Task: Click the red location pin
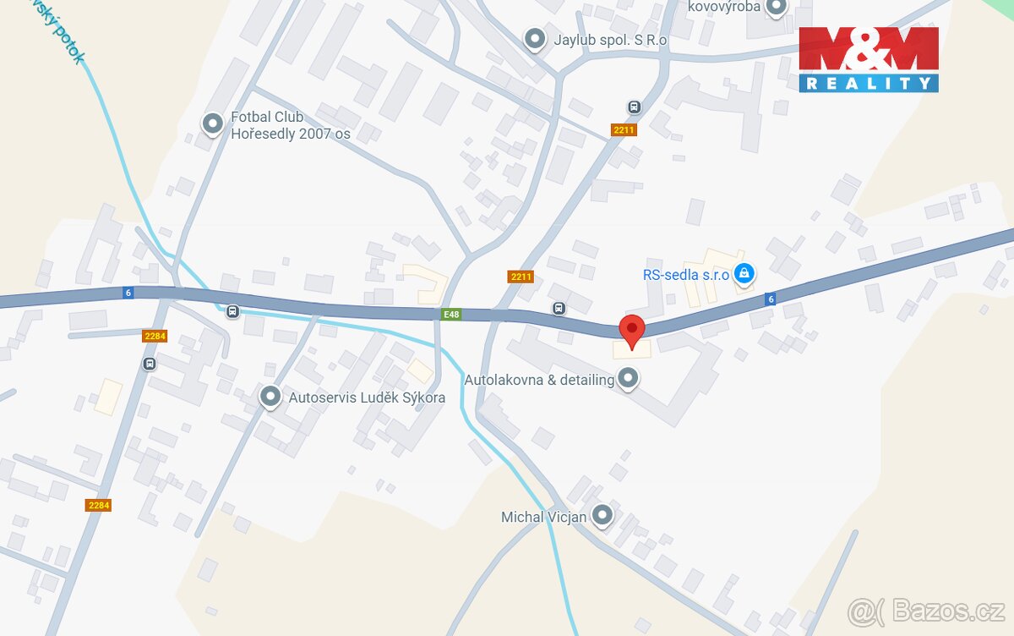pos(632,326)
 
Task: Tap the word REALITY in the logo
pos(868,83)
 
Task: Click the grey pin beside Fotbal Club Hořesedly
pos(212,124)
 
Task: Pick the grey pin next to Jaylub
pos(534,38)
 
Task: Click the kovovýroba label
pos(724,7)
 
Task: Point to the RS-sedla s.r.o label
pos(686,273)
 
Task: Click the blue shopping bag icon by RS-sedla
pos(744,272)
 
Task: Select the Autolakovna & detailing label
pos(539,380)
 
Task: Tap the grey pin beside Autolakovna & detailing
pos(627,378)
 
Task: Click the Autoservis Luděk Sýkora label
pos(367,397)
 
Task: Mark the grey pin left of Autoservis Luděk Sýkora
pos(270,396)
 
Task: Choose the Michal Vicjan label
pos(543,516)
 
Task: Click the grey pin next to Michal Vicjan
pos(602,514)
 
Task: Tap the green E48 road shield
pos(452,315)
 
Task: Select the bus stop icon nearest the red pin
pos(558,308)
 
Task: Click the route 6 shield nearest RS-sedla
pos(769,299)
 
